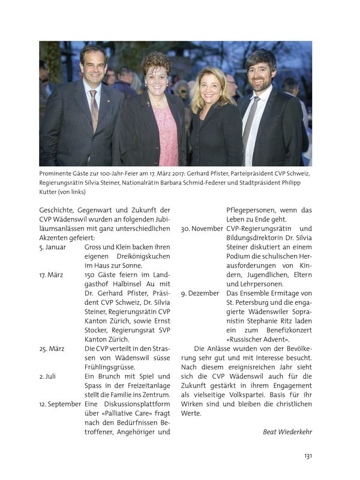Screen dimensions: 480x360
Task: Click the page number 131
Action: [307, 456]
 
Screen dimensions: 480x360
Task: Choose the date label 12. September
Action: [60, 404]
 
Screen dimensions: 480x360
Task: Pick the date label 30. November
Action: [202, 229]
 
